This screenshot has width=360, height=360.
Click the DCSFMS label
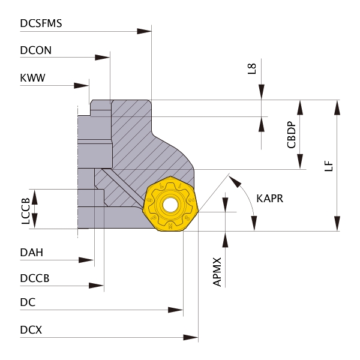point(41,23)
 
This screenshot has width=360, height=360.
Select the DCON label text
point(35,51)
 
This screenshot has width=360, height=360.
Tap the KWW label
point(32,78)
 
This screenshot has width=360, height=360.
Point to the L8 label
point(252,68)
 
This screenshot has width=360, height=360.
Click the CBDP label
point(291,135)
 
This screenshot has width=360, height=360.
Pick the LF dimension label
point(328,166)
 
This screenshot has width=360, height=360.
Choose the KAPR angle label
point(269,198)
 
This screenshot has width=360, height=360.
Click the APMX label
point(218,272)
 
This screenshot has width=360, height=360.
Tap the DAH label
point(31,253)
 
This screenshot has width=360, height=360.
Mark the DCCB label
point(34,279)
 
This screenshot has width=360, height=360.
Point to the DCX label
point(31,330)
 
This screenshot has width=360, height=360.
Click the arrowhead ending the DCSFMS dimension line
point(144,31)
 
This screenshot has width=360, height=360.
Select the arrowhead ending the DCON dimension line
point(103,58)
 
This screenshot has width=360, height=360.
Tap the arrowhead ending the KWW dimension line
point(82,85)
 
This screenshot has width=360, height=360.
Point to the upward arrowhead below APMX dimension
point(226,239)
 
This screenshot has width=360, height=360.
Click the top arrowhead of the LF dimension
point(338,107)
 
